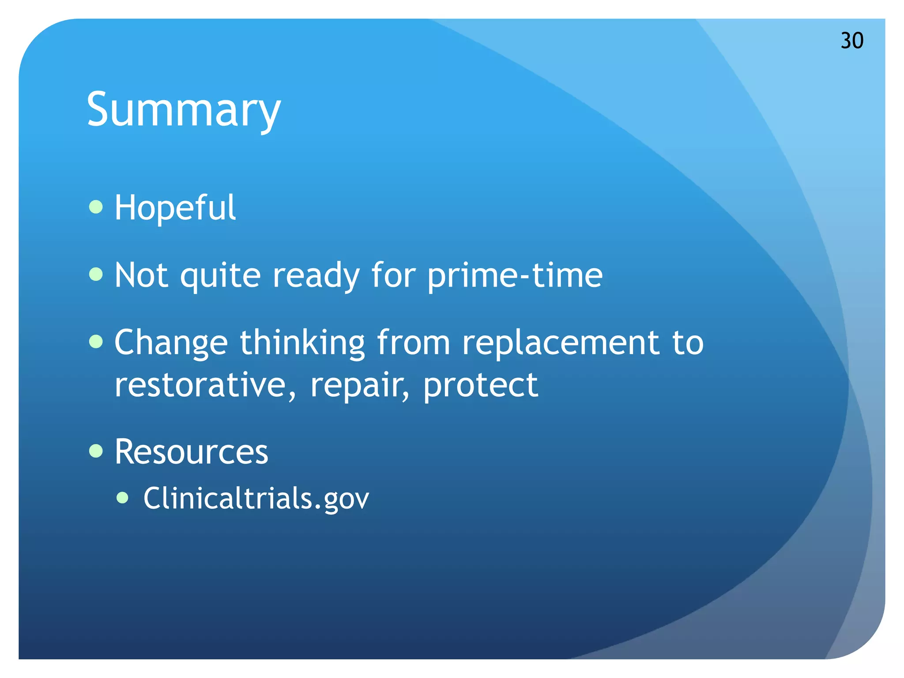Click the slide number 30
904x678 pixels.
(x=851, y=41)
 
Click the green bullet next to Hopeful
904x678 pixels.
(x=96, y=207)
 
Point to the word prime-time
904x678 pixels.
(x=514, y=275)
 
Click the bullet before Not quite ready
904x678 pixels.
(x=96, y=274)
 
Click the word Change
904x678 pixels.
(x=171, y=343)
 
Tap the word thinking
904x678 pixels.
(x=302, y=343)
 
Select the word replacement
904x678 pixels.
(x=561, y=343)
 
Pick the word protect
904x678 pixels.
(x=480, y=385)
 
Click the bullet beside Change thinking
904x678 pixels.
(x=96, y=341)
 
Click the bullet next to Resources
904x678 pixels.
(x=96, y=451)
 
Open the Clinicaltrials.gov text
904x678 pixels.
(x=256, y=498)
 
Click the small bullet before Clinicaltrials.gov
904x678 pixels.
(x=122, y=498)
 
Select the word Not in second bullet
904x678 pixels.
(x=141, y=275)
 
